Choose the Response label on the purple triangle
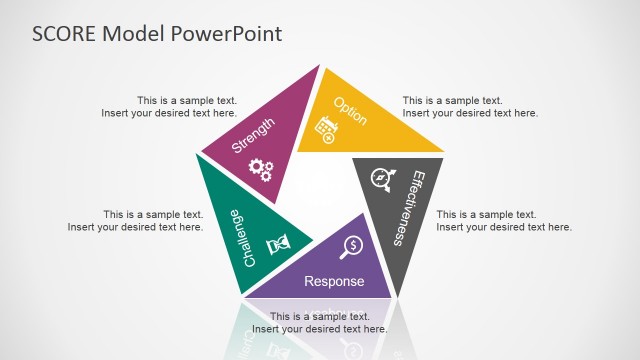coord(334,281)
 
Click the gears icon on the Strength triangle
coord(260,169)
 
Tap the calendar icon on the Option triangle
coord(325,129)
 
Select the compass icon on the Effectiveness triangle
coord(380,179)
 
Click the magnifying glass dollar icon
coord(352,245)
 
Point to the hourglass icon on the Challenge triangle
coord(278,245)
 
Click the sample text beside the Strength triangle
coord(169,107)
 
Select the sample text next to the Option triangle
coord(470,107)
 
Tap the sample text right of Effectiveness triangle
coord(504,221)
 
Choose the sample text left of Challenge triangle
coord(135,221)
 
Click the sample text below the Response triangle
coord(319,323)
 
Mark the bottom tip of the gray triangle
coord(397,296)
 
